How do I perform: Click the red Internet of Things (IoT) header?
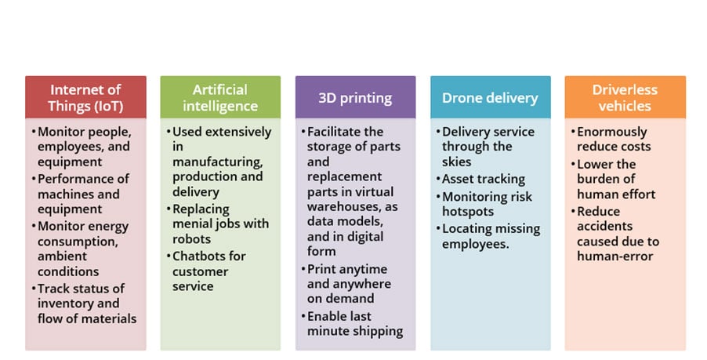coord(85,97)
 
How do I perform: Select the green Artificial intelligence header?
coord(220,97)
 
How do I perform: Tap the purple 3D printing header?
coord(355,97)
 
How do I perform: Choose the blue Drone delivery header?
coord(490,97)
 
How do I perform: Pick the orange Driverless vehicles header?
coord(625,97)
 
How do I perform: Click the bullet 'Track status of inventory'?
coord(85,304)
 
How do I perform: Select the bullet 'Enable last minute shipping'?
coord(352,323)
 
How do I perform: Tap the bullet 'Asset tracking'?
coord(480,179)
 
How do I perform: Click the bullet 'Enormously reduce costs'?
coord(611,139)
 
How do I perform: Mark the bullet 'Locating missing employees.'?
coord(488,236)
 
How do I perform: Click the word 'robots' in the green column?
coord(191,238)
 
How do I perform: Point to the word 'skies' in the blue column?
coord(456,162)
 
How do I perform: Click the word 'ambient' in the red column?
coord(62,256)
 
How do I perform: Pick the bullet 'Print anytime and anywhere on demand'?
coord(346,284)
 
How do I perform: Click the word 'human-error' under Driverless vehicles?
coord(615,256)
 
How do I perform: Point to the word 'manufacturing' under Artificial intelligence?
coord(217,162)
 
